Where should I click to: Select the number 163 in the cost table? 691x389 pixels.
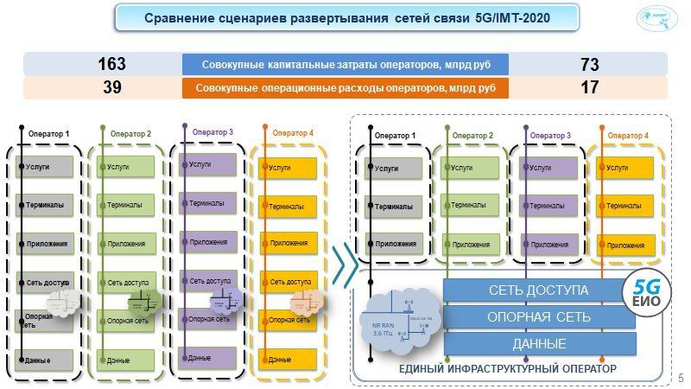pyautogui.click(x=111, y=64)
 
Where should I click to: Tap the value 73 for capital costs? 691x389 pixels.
pyautogui.click(x=589, y=64)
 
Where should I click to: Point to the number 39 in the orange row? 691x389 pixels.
pyautogui.click(x=111, y=87)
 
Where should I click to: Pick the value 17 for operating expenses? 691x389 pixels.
pyautogui.click(x=589, y=87)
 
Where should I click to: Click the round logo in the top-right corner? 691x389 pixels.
pyautogui.click(x=658, y=18)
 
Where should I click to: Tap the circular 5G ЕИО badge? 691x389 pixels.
pyautogui.click(x=648, y=292)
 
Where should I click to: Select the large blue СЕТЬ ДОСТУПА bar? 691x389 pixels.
pyautogui.click(x=538, y=290)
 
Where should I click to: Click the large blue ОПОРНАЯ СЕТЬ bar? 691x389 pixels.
pyautogui.click(x=538, y=316)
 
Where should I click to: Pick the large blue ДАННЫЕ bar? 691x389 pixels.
pyautogui.click(x=538, y=344)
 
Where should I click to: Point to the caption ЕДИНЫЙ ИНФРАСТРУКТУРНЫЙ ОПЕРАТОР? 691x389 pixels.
pyautogui.click(x=507, y=369)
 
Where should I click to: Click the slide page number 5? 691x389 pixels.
pyautogui.click(x=681, y=377)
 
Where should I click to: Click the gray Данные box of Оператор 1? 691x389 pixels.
pyautogui.click(x=45, y=359)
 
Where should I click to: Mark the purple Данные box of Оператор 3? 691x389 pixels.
pyautogui.click(x=207, y=357)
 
